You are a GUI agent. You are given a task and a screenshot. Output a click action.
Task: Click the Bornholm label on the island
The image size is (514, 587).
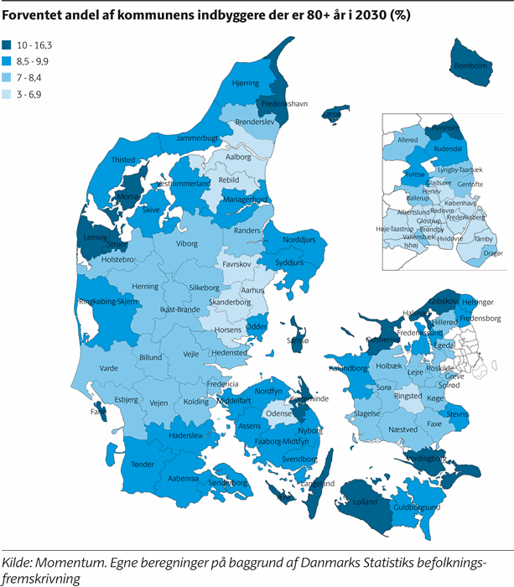coord(470,65)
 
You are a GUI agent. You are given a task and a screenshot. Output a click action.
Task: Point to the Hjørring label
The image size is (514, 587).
coord(246,83)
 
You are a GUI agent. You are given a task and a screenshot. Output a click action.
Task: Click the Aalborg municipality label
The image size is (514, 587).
coord(239,157)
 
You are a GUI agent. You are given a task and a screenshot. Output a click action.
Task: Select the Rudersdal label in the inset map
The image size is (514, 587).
coord(448,148)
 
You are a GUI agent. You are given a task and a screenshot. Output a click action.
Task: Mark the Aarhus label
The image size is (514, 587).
coord(253,290)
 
